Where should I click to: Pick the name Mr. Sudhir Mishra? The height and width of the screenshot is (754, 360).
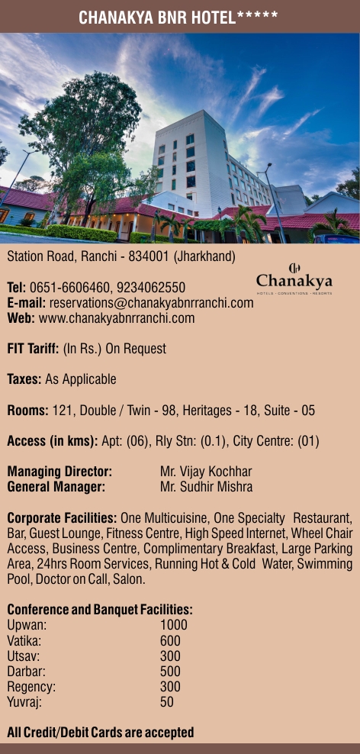pyautogui.click(x=206, y=486)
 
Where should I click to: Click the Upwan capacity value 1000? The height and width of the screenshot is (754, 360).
pyautogui.click(x=173, y=625)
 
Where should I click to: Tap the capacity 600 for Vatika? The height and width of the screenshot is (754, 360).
pyautogui.click(x=170, y=640)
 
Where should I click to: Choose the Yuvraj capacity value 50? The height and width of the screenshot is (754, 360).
pyautogui.click(x=167, y=701)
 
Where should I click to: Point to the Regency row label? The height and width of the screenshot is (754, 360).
pyautogui.click(x=31, y=686)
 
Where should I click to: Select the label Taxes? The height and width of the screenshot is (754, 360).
pyautogui.click(x=24, y=379)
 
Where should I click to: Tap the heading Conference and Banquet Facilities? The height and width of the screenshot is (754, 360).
pyautogui.click(x=99, y=610)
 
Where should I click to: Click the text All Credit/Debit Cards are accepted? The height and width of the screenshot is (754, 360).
pyautogui.click(x=100, y=732)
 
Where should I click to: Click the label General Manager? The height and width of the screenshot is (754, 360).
pyautogui.click(x=56, y=486)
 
